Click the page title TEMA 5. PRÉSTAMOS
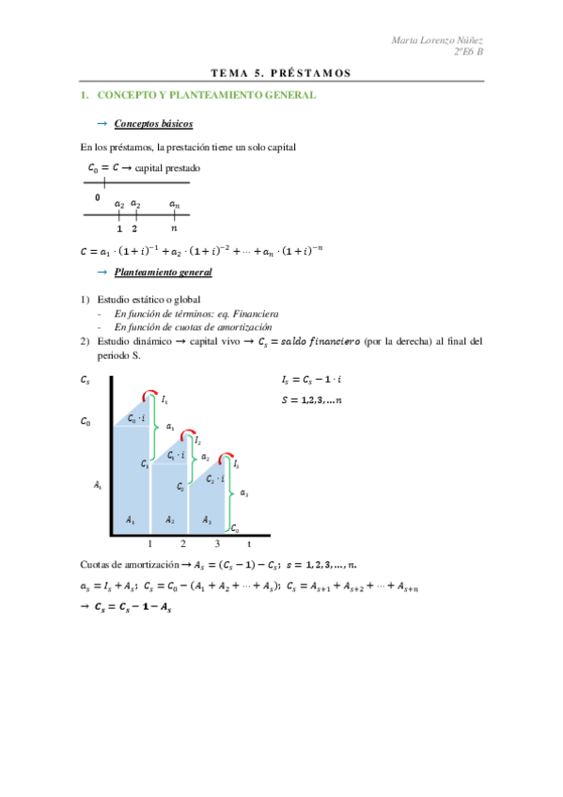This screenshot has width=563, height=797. tap(281, 72)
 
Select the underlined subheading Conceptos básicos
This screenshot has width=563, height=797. tap(153, 124)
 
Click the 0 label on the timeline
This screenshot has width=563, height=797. tap(97, 198)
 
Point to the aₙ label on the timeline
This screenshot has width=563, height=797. tap(174, 203)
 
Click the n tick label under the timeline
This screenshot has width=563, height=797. tap(174, 227)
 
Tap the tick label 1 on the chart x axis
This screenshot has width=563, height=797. tap(149, 543)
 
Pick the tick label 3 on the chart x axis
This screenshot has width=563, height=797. tap(217, 543)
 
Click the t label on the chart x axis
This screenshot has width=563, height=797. tap(249, 543)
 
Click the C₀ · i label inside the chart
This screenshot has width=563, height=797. tap(136, 417)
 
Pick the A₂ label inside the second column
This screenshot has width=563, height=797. tap(170, 519)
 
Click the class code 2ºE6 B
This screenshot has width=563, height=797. tap(467, 53)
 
